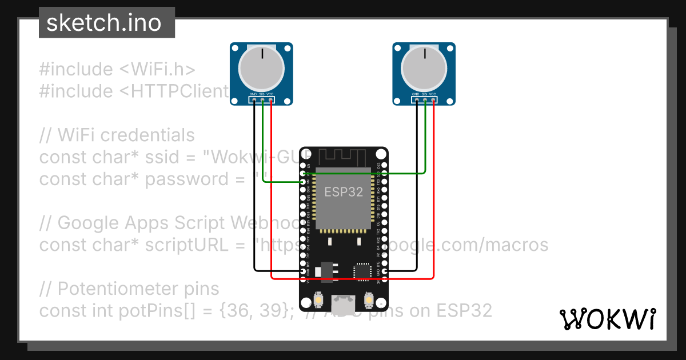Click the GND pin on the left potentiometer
[x=254, y=101]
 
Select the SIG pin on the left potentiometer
[x=262, y=101]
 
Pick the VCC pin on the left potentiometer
[x=270, y=101]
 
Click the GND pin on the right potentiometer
[x=417, y=101]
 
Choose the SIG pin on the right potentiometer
[x=425, y=101]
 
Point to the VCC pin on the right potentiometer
[x=433, y=101]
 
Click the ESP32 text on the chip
[x=344, y=192]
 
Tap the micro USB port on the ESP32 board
[x=344, y=304]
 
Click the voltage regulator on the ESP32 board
[x=327, y=271]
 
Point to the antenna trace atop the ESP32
[x=344, y=155]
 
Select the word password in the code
[x=186, y=179]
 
